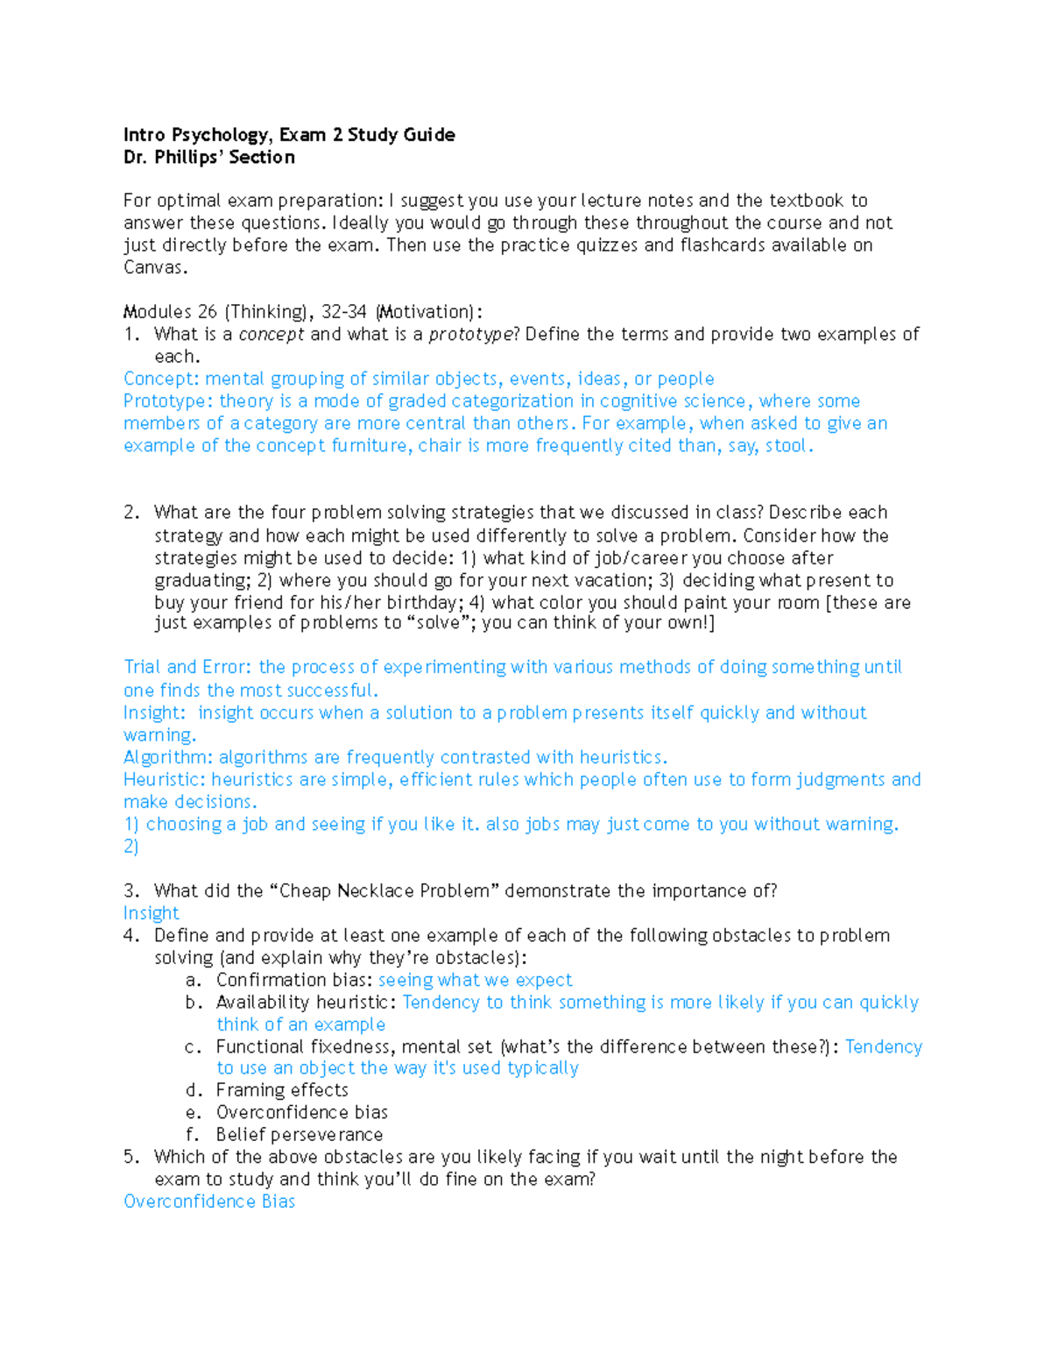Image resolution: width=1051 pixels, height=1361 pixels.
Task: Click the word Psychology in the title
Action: pos(221,135)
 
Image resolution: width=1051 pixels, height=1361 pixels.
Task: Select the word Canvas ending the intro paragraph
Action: pos(154,268)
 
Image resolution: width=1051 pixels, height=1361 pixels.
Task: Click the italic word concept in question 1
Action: pos(272,334)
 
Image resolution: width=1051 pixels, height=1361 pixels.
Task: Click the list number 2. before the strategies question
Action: pos(131,513)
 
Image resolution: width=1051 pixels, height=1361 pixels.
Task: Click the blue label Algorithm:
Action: pos(167,757)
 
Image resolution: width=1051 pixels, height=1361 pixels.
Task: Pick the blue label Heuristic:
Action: pos(165,779)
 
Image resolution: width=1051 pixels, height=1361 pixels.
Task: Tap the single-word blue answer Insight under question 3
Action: pos(151,913)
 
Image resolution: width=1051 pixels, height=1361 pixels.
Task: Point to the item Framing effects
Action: pos(282,1090)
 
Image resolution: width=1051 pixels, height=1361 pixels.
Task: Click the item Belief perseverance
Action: pos(300,1134)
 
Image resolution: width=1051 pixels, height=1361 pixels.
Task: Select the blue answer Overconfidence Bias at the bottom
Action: pos(209,1202)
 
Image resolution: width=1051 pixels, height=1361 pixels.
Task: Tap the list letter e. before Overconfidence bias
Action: pos(193,1112)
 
